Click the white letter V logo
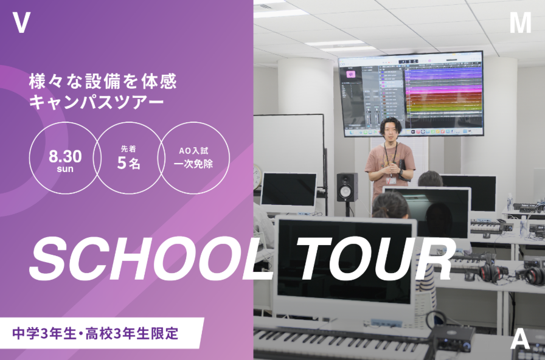(21, 22)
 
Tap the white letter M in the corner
(520, 22)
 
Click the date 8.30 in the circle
(65, 156)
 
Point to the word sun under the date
(65, 169)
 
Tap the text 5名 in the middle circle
(128, 162)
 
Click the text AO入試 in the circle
(193, 151)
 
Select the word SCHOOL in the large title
(150, 259)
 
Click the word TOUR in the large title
(375, 259)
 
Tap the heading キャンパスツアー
(96, 102)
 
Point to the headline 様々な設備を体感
(103, 81)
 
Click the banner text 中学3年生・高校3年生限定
(95, 333)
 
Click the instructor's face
(391, 130)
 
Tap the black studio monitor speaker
(347, 187)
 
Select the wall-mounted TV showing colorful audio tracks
(411, 94)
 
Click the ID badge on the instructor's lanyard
(391, 181)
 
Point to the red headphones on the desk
(490, 272)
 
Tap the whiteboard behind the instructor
(289, 150)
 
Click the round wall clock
(257, 176)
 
